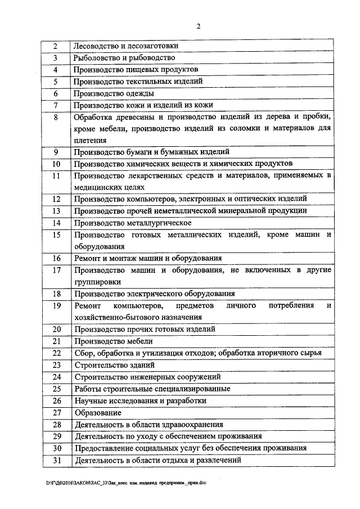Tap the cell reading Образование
[98, 412]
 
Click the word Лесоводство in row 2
[94, 46]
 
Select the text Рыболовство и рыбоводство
[125, 57]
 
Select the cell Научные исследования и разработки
[141, 400]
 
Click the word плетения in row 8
[90, 140]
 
